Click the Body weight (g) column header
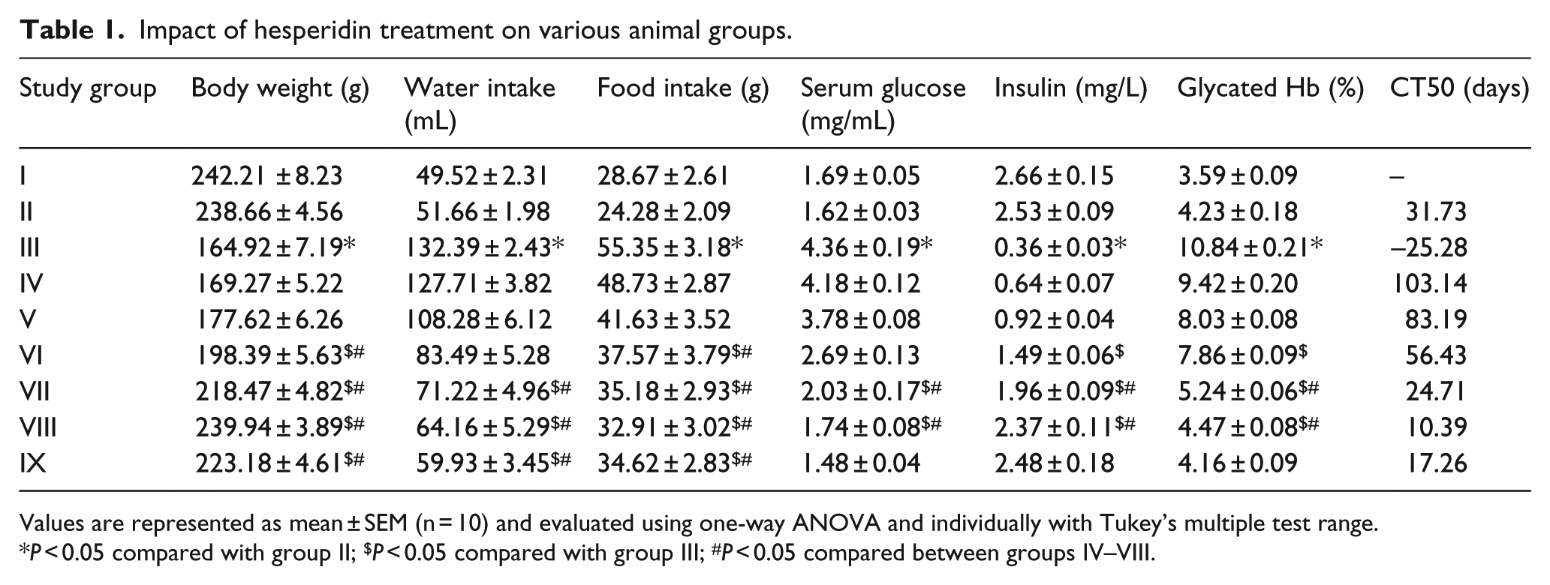tap(280, 88)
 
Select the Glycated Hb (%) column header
tap(1270, 88)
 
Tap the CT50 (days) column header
tap(1459, 88)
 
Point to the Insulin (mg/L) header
tap(1070, 88)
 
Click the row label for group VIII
tap(38, 427)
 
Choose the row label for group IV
tap(32, 283)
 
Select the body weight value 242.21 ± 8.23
tap(266, 175)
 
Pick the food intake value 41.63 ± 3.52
tap(664, 319)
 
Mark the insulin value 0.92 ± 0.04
tap(1054, 319)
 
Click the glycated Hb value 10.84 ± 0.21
tap(1250, 247)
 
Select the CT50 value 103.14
tap(1428, 283)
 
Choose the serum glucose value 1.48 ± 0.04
tap(860, 463)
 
